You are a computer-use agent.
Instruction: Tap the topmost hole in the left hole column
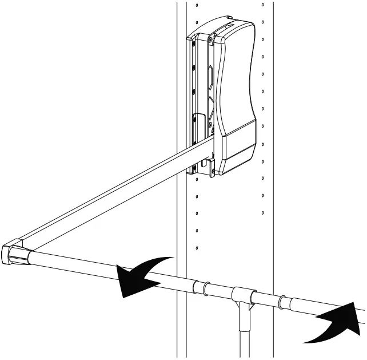197,5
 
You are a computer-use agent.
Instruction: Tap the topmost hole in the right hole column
262,5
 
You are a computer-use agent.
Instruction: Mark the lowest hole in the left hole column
197,248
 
